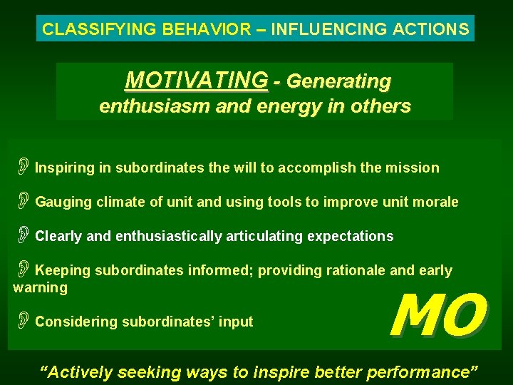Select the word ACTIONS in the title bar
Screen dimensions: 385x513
pyautogui.click(x=434, y=29)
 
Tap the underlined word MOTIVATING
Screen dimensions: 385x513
pyautogui.click(x=197, y=81)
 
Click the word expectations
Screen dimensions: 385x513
pyautogui.click(x=350, y=236)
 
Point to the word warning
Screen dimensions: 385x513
pyautogui.click(x=40, y=288)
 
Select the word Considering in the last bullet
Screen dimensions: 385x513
pyautogui.click(x=78, y=322)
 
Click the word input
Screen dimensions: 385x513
pyautogui.click(x=237, y=322)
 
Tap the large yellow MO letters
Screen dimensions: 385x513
pyautogui.click(x=437, y=316)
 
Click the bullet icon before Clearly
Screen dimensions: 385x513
pyautogui.click(x=23, y=235)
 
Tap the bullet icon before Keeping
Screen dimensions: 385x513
pyautogui.click(x=23, y=269)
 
